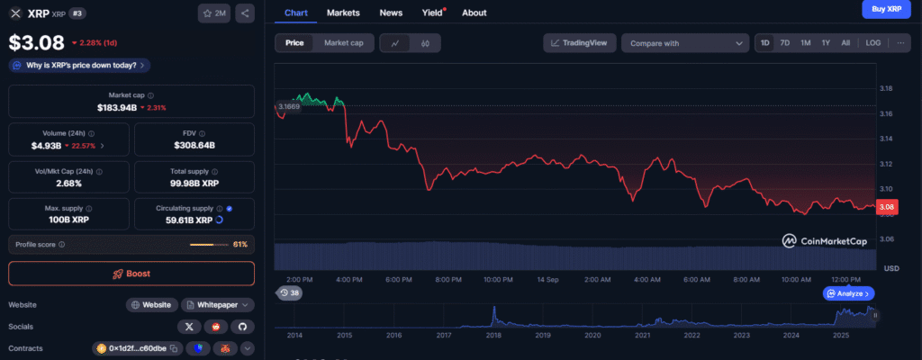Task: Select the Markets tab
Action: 343,13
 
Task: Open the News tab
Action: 391,13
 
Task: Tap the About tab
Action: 474,13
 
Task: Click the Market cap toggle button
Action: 343,42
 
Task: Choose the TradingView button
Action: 579,42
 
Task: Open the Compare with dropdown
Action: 685,43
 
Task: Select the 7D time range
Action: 785,42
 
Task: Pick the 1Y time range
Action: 826,42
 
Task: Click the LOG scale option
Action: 873,42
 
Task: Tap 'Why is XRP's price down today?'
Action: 79,65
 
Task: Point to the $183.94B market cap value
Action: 117,107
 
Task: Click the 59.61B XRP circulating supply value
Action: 191,220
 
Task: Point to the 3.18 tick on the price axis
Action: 887,88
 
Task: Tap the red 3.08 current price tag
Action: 887,208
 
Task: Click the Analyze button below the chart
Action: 848,293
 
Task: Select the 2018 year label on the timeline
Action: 493,335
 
